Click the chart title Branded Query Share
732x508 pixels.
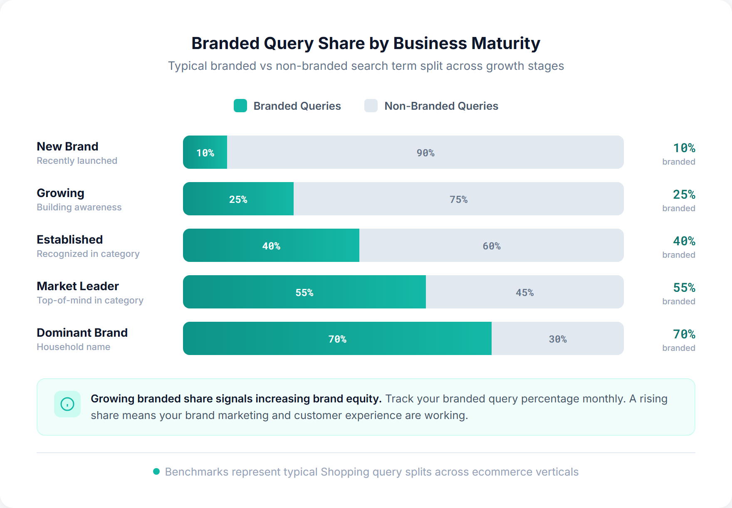point(365,43)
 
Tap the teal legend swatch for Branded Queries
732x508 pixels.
point(240,106)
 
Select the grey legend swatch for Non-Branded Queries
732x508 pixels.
point(371,106)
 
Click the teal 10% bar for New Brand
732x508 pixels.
point(205,153)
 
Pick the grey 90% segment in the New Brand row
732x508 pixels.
point(425,153)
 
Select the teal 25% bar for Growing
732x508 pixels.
point(238,199)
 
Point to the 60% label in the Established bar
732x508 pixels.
point(491,246)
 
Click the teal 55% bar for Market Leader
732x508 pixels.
point(304,292)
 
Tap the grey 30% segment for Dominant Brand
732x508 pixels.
point(557,339)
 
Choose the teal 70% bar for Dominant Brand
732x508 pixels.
point(337,339)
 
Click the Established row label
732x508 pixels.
point(70,239)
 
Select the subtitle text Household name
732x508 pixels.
point(74,347)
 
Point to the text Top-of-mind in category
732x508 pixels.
point(90,300)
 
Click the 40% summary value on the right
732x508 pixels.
point(684,241)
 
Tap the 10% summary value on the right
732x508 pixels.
point(684,148)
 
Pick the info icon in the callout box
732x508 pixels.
point(67,404)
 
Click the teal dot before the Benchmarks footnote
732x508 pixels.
point(156,471)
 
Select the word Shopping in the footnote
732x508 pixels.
point(345,472)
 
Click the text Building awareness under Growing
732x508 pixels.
point(79,207)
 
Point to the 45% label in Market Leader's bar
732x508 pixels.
point(524,293)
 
